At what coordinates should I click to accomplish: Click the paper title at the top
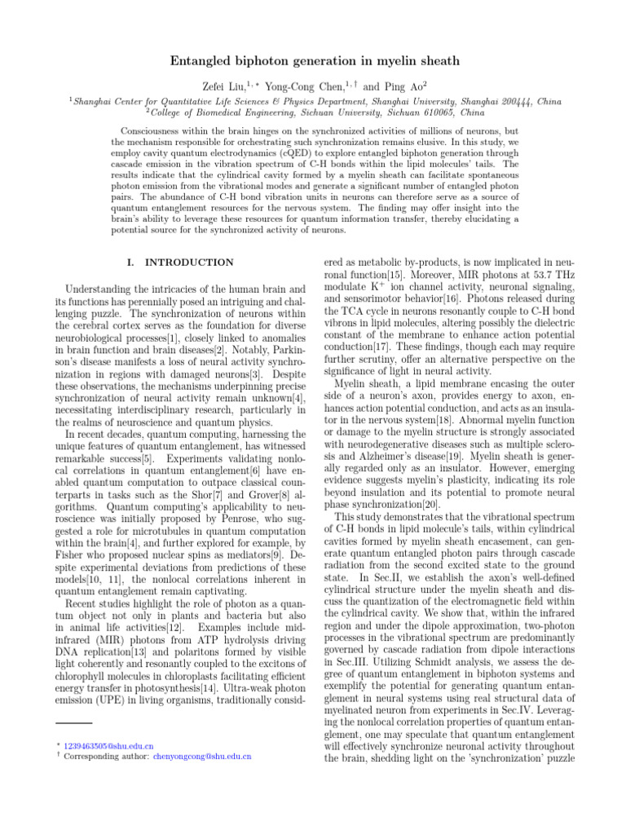(313, 61)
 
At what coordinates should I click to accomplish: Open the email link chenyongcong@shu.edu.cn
(202, 756)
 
